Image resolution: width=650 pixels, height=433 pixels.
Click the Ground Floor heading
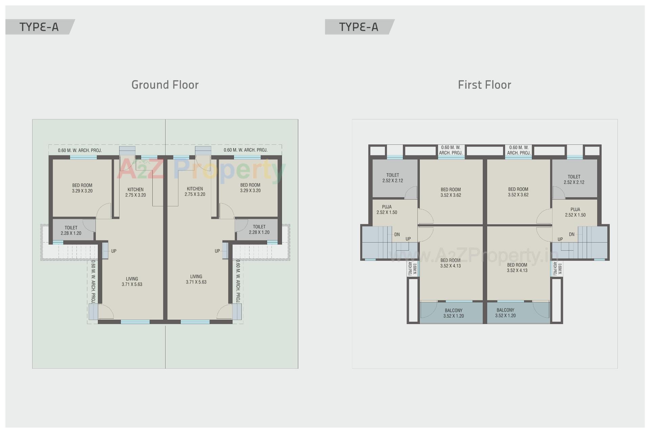pyautogui.click(x=165, y=85)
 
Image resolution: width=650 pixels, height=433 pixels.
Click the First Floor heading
pyautogui.click(x=484, y=85)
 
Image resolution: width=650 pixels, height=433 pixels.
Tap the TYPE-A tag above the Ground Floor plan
pyautogui.click(x=39, y=27)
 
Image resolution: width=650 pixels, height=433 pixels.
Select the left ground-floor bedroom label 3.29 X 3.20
pyautogui.click(x=82, y=188)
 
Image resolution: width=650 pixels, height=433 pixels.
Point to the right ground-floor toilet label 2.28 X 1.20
pyautogui.click(x=259, y=230)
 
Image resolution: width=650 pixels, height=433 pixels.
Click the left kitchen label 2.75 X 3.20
pyautogui.click(x=135, y=192)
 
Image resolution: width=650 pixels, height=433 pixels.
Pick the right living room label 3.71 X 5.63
pyautogui.click(x=196, y=279)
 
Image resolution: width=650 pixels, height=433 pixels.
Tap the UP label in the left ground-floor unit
pyautogui.click(x=114, y=251)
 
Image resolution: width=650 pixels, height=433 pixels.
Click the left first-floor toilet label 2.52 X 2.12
pyautogui.click(x=393, y=178)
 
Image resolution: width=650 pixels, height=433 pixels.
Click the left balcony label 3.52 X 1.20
pyautogui.click(x=454, y=313)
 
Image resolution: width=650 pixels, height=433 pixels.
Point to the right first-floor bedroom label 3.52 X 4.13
pyautogui.click(x=517, y=268)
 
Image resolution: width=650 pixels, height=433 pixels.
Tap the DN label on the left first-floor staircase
pyautogui.click(x=397, y=234)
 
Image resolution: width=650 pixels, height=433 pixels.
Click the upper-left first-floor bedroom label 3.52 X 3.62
pyautogui.click(x=451, y=192)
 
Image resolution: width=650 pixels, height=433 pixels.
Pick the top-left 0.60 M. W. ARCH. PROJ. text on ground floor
pyautogui.click(x=80, y=150)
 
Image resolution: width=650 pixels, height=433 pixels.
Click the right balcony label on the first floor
pyautogui.click(x=505, y=313)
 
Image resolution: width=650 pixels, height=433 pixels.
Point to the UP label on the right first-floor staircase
pyautogui.click(x=560, y=239)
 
